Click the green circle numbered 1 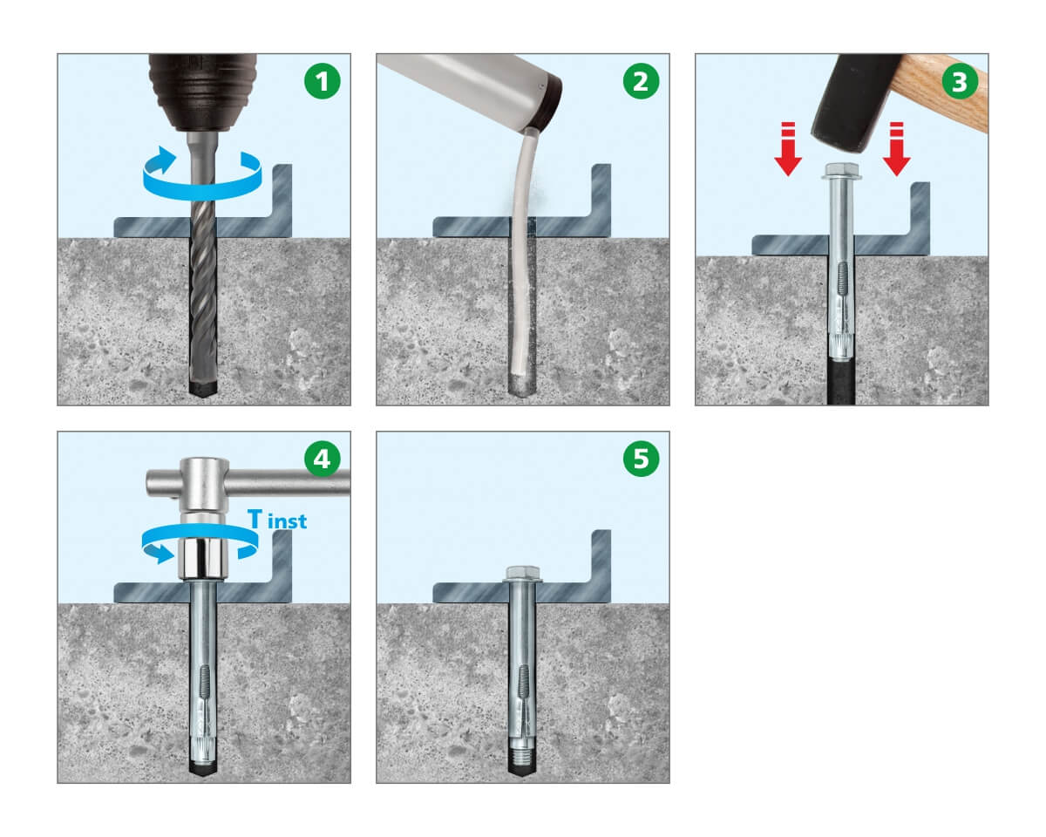coord(323,81)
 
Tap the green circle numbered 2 coord(642,81)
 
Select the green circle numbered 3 coord(960,81)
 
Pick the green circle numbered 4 coord(323,459)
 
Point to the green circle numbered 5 coord(642,459)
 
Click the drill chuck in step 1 coord(203,92)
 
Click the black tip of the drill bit coord(203,388)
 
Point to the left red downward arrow coord(788,149)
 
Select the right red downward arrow coord(897,149)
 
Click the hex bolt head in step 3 coord(841,171)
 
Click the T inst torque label coord(277,519)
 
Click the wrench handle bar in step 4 coord(248,482)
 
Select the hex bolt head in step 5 coord(522,574)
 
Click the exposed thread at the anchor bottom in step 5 coord(522,756)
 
